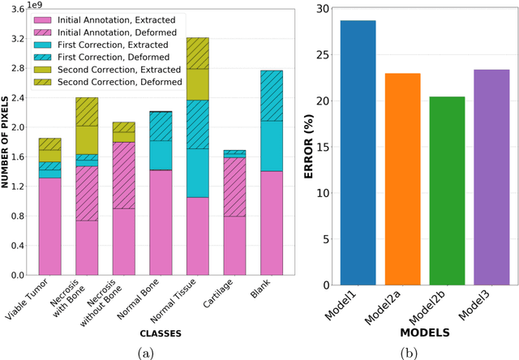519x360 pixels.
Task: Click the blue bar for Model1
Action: [x=358, y=153]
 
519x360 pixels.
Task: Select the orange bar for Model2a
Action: [x=402, y=179]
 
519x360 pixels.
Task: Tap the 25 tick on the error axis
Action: [x=323, y=55]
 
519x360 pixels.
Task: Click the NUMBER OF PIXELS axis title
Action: [x=6, y=142]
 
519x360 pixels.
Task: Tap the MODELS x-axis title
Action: [x=423, y=332]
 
